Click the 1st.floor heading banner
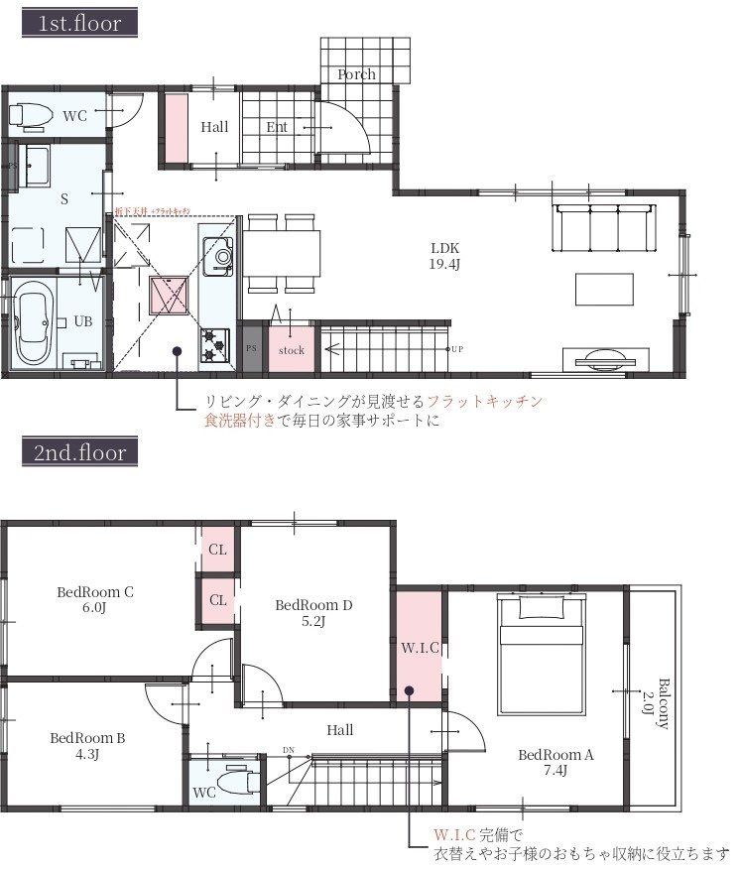(79, 24)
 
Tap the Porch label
(356, 74)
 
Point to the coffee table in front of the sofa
(604, 289)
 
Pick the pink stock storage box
(292, 350)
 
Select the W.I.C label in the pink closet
(420, 648)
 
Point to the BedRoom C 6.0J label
(95, 600)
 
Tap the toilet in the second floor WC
(236, 782)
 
